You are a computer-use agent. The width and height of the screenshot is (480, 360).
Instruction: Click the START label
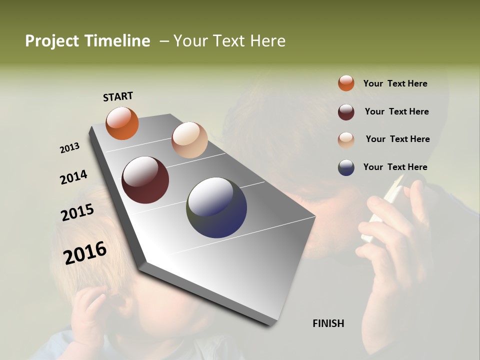118,96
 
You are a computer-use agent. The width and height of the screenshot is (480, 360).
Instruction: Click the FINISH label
328,323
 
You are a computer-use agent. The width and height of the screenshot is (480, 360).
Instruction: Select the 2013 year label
69,148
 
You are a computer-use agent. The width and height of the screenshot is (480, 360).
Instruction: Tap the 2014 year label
73,177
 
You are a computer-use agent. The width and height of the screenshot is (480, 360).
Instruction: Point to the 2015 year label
77,212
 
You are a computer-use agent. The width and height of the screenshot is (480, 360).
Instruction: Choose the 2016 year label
85,253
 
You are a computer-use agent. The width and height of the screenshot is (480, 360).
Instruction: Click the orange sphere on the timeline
122,123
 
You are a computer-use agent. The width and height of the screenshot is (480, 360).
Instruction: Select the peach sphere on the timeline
189,140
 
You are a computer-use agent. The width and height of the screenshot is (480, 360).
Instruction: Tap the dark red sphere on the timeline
145,180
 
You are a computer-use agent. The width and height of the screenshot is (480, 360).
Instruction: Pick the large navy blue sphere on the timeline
216,207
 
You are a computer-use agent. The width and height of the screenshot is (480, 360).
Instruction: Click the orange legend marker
346,83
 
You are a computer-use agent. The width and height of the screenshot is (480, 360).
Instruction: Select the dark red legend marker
346,112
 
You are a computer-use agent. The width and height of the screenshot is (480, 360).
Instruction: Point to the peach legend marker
346,139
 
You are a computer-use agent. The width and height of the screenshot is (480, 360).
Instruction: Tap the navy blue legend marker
346,167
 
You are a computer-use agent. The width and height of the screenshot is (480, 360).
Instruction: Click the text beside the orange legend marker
395,83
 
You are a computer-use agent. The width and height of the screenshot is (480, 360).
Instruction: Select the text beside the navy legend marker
395,167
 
